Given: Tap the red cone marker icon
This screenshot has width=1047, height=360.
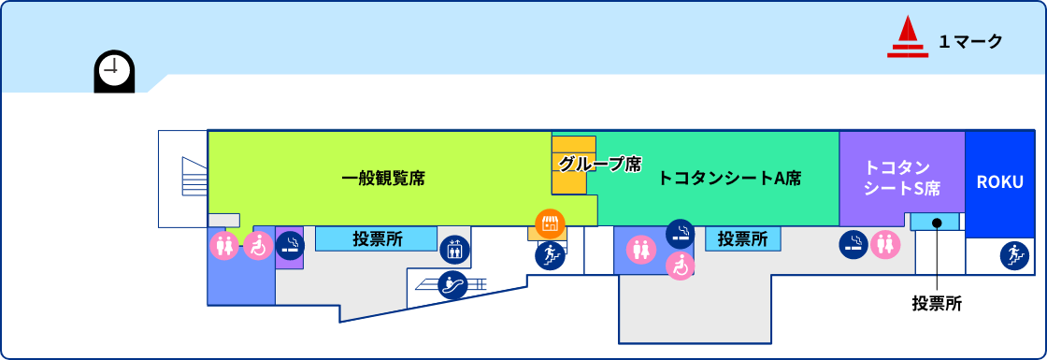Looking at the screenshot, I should [907, 38].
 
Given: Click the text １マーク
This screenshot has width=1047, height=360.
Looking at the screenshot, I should [970, 41].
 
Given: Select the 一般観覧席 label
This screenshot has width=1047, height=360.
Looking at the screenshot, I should [383, 178].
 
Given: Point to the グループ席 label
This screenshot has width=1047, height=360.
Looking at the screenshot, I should [600, 165].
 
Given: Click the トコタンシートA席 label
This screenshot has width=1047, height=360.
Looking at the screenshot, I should [729, 178].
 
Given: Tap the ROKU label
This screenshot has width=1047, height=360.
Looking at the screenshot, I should [1000, 182].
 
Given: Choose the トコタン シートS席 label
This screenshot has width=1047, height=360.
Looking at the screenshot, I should [901, 178].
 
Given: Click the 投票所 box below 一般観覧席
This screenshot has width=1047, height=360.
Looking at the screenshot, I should [376, 238].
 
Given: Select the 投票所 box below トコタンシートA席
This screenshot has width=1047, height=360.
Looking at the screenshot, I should [743, 239].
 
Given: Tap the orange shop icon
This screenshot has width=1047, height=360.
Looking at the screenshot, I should [550, 223].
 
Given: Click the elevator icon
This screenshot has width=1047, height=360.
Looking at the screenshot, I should [453, 248].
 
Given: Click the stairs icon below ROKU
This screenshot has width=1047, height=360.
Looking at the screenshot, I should [1013, 254].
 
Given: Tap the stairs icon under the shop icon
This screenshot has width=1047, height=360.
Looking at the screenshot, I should [550, 254].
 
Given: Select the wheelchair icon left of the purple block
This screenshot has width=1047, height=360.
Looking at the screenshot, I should [258, 245].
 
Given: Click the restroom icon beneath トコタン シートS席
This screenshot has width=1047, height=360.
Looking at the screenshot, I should [884, 245].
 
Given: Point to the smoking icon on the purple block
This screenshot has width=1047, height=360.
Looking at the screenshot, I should [290, 245].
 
